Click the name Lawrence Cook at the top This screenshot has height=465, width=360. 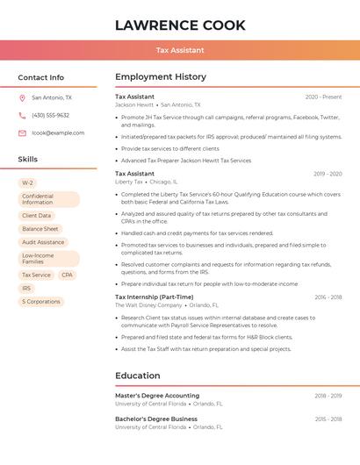(180, 25)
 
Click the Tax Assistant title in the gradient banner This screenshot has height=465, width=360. (180, 50)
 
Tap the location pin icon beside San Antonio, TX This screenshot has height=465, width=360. (22, 98)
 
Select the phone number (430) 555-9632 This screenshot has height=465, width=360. (50, 115)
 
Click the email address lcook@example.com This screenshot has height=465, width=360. (58, 132)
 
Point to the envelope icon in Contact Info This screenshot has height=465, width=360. (22, 132)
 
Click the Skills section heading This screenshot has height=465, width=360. (28, 160)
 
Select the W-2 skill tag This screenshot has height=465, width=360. (28, 182)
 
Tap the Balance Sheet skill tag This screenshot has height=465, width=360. (40, 229)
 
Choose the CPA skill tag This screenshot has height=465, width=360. (68, 275)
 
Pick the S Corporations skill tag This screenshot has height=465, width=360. (41, 301)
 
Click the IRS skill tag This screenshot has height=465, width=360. (26, 288)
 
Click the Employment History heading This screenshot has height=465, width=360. (161, 77)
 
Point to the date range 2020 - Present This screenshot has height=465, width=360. (323, 97)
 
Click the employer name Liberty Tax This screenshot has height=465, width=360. (129, 182)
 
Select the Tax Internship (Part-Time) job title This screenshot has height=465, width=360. (154, 297)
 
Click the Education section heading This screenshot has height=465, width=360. (138, 376)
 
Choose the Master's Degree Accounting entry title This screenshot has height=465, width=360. (157, 396)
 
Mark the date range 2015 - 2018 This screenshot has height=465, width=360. (328, 419)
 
